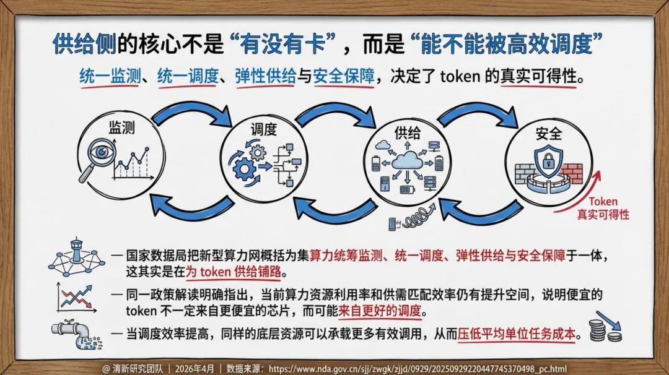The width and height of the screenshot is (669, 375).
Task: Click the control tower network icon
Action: [76, 257]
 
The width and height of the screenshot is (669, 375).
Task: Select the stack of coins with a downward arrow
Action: [605, 327]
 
